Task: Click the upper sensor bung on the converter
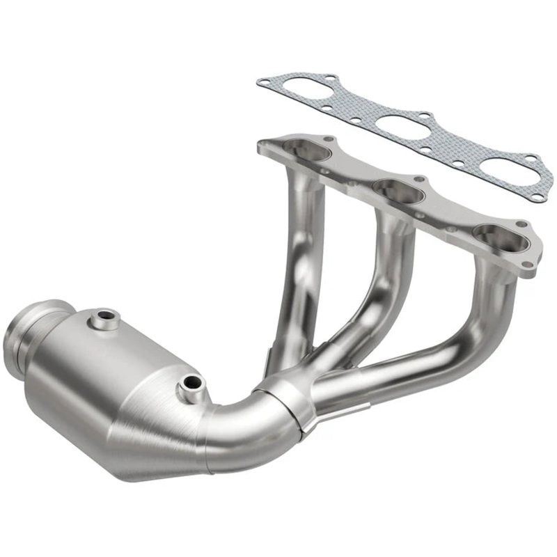[x=105, y=320]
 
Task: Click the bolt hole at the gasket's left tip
[x=263, y=83]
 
